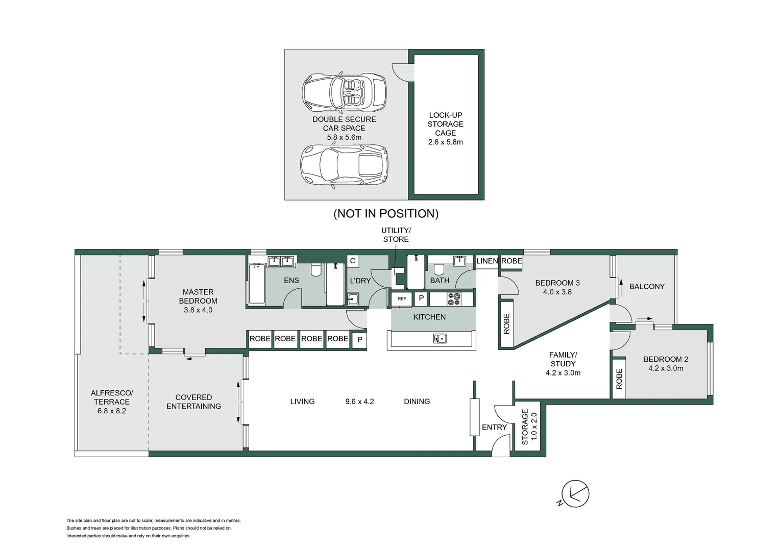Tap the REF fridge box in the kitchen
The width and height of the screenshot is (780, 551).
(402, 298)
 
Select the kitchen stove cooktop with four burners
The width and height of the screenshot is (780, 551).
(453, 299)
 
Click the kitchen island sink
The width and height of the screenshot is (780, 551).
(440, 338)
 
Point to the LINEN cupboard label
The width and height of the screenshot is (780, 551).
(487, 261)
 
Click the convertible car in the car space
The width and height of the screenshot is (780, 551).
(344, 93)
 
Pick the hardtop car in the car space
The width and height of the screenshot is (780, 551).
(344, 165)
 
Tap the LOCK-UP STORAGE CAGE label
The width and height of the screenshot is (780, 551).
(445, 124)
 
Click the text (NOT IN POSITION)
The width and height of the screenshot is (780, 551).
(386, 214)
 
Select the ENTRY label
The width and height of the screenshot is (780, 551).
(494, 428)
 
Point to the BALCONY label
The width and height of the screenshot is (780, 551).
(647, 287)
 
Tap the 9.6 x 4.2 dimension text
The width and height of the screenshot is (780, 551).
(359, 402)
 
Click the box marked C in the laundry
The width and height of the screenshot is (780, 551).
(352, 261)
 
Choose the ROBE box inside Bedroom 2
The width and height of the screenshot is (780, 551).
(619, 379)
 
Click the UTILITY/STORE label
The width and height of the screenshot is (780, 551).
(396, 235)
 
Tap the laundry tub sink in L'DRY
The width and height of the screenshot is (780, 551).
(353, 299)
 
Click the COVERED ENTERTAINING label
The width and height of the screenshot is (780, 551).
(193, 402)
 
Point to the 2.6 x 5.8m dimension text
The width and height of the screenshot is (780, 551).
(445, 142)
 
